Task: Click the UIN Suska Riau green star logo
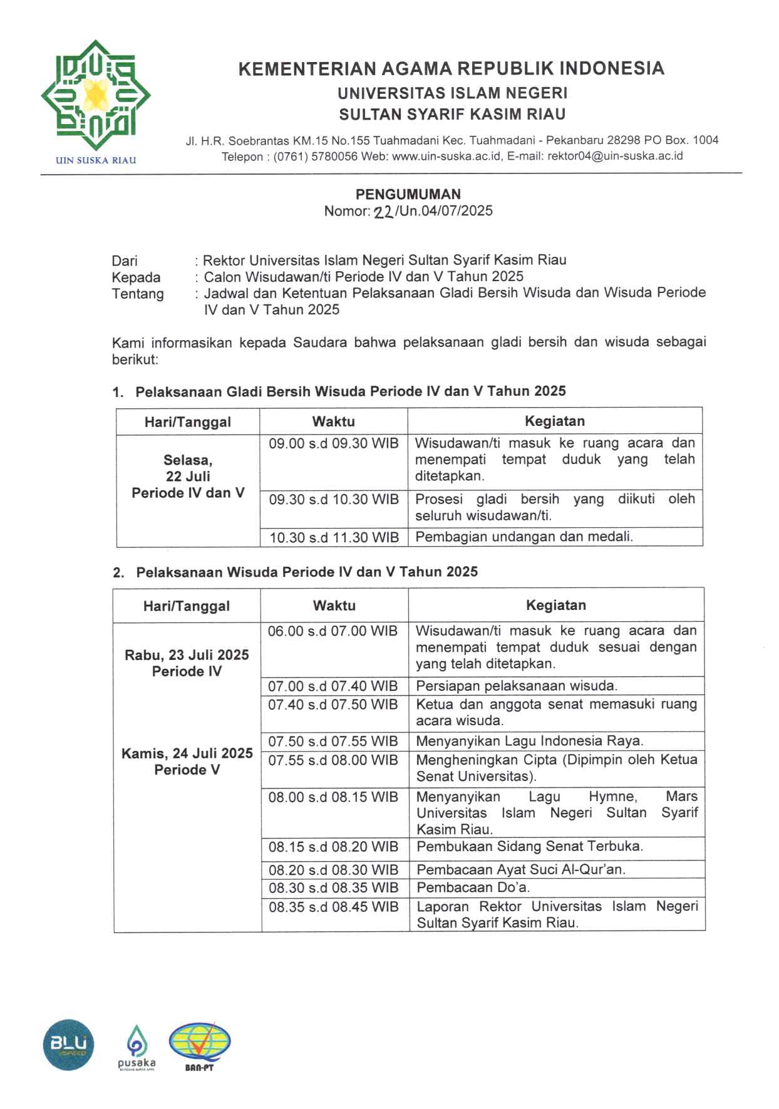96,95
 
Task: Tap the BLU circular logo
68,1044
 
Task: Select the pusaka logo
137,1046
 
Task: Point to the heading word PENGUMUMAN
408,194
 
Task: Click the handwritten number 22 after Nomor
383,212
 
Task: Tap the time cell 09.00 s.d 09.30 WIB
334,443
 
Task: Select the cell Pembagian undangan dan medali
524,537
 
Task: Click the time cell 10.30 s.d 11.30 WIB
334,537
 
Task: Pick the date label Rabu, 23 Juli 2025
187,655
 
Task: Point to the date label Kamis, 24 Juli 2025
187,753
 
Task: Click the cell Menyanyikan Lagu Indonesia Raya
530,741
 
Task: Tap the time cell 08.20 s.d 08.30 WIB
333,870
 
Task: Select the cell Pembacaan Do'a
473,887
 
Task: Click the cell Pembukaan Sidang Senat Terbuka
530,847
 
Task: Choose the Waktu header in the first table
334,421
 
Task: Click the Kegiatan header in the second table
556,605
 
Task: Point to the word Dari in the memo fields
125,260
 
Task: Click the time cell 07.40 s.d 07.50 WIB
333,704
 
